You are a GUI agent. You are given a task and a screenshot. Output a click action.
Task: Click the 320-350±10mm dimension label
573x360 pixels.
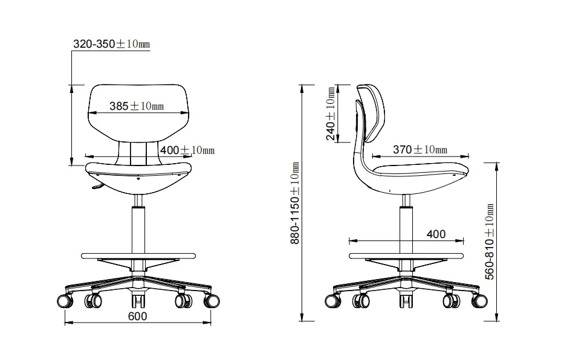coord(111,44)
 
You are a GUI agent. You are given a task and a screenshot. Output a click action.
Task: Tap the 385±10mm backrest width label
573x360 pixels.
coord(137,106)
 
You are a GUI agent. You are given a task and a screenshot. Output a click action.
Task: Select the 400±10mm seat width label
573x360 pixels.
coord(187,150)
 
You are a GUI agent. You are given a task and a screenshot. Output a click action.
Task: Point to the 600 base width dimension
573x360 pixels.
coord(137,316)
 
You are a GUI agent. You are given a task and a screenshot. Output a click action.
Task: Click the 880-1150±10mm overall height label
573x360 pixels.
coord(295,203)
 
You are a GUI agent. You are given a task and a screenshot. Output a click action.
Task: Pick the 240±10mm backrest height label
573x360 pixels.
coord(331,114)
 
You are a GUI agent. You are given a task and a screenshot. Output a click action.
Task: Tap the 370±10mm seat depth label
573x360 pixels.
coord(420,149)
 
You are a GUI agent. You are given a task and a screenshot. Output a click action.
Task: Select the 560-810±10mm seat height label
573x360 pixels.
coord(490,242)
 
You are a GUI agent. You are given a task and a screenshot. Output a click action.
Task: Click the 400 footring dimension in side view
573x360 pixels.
coord(436,234)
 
